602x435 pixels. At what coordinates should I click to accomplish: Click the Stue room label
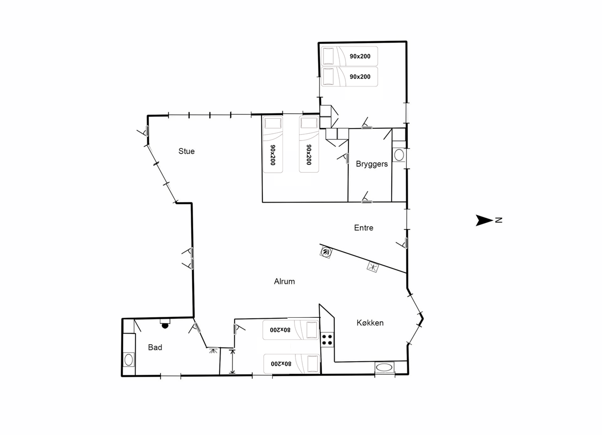tap(186, 151)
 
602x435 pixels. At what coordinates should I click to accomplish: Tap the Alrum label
tap(284, 281)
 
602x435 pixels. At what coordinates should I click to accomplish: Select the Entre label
tap(363, 228)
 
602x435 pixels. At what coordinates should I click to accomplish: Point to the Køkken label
tap(370, 323)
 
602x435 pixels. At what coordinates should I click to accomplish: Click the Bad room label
tap(155, 347)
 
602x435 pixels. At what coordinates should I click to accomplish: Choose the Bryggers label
tap(372, 164)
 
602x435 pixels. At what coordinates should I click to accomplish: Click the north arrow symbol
tap(484, 220)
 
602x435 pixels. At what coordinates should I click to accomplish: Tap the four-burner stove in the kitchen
tap(327, 339)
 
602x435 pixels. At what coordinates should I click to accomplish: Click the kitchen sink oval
tap(384, 368)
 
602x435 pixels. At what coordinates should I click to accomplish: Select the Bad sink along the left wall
tap(128, 360)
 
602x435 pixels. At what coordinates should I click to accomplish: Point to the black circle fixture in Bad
tap(165, 326)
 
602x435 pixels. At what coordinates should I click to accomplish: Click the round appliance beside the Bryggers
tap(399, 155)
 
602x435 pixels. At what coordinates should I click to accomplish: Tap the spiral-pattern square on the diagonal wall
tap(326, 252)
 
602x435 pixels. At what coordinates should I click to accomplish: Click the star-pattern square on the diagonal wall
tap(373, 267)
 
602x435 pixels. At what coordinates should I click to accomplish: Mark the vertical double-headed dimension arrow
tap(233, 362)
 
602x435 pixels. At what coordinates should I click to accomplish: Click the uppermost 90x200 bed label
tap(360, 57)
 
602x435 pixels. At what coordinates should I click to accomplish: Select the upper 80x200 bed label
tap(281, 330)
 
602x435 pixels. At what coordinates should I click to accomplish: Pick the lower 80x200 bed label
tap(281, 364)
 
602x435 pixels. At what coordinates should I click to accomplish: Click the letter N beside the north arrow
tap(499, 220)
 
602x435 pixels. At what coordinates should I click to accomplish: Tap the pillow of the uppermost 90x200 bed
tap(328, 56)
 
